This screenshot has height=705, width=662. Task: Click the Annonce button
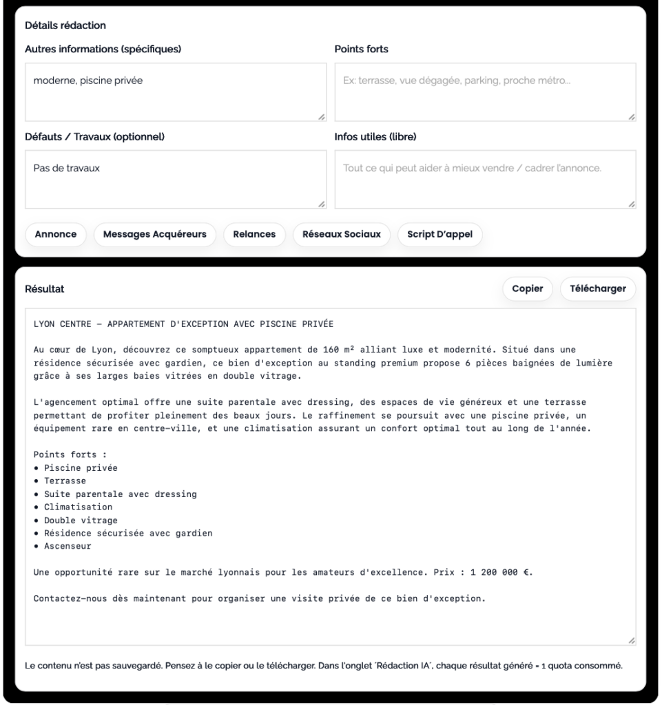coord(56,234)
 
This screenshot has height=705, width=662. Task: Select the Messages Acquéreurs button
coord(154,234)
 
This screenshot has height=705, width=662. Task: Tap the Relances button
coord(254,234)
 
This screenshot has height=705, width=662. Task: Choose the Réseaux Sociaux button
coord(342,234)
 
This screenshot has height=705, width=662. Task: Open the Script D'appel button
coord(439,234)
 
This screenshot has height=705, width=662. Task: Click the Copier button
coord(528,288)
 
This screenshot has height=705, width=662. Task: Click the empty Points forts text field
coord(485,92)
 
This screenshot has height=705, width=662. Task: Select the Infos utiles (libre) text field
coord(485,179)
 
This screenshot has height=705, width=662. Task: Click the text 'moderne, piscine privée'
coord(88,81)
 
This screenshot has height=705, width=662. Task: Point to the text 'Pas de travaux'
coord(67,168)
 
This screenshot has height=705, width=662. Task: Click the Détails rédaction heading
coord(65,25)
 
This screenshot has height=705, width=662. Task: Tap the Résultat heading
coord(44,289)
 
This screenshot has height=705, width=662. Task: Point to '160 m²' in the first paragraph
coord(338,350)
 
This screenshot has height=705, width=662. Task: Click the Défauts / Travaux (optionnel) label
coord(94,136)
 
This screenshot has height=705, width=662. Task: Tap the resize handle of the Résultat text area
coord(631,640)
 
